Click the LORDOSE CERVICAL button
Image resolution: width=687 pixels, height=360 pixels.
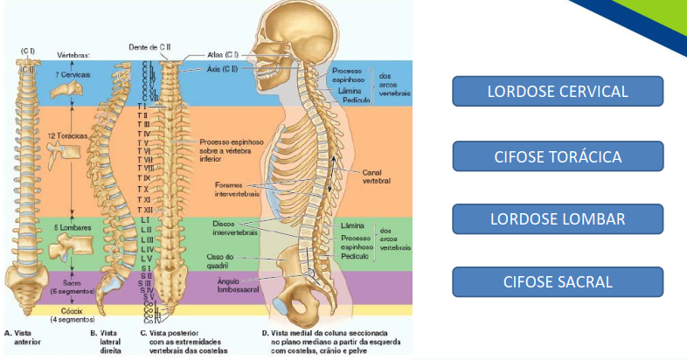coord(558,91)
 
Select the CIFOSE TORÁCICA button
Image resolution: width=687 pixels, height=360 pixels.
coord(558,156)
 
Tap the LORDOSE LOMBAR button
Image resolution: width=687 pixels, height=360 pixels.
coord(558,218)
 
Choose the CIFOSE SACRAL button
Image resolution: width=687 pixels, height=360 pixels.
coord(558,281)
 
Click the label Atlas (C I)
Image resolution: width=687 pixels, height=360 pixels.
coord(224,54)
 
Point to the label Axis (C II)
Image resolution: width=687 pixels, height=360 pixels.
coord(224,68)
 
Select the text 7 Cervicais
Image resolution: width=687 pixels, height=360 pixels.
coord(70,75)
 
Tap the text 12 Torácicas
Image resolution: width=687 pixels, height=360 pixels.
coord(69,136)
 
